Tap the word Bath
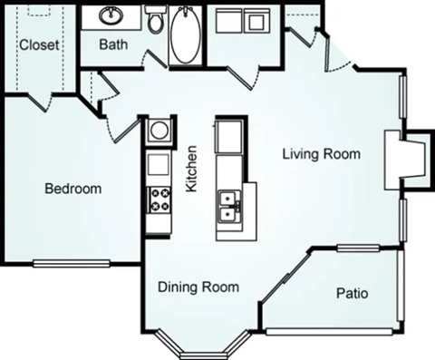point(113,44)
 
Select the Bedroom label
point(73,190)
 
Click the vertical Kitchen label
point(191,170)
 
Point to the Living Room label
point(321,154)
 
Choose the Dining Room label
point(198,287)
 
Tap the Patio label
point(352,294)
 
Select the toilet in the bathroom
point(155,21)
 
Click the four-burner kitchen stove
point(159,199)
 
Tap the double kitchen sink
point(228,207)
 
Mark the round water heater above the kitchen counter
point(159,131)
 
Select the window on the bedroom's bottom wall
point(72,265)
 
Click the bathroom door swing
point(154,62)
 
